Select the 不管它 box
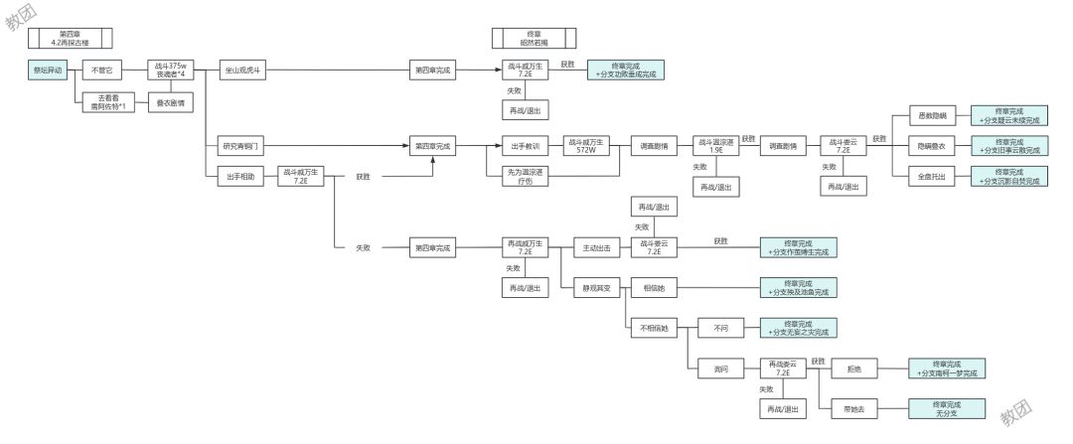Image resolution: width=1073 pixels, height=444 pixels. [100, 71]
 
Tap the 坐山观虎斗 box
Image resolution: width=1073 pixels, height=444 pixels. [242, 71]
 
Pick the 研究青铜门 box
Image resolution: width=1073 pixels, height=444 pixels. [242, 146]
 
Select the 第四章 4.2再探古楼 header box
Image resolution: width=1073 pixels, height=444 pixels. [70, 38]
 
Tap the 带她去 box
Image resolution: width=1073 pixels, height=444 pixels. [851, 408]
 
